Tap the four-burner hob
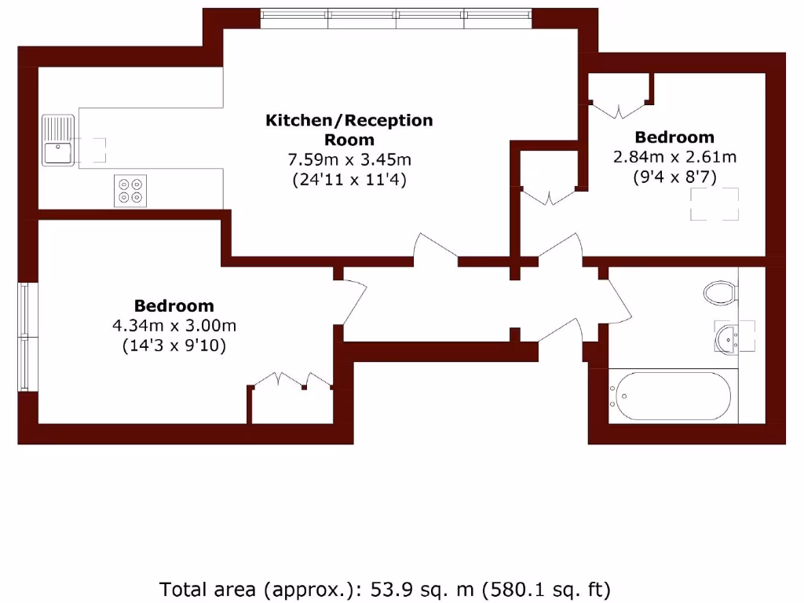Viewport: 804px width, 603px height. click(131, 190)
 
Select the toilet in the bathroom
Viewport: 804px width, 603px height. click(719, 294)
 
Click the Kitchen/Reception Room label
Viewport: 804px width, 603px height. click(349, 130)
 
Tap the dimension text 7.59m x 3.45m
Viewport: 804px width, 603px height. click(349, 160)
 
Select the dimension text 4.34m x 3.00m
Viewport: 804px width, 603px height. click(174, 325)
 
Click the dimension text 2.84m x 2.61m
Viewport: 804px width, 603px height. click(674, 156)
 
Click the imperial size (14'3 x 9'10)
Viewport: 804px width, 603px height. click(174, 345)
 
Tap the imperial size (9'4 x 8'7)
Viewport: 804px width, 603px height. click(674, 177)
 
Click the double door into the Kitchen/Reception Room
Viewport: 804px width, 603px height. click(437, 249)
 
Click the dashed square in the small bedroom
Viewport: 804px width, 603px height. click(714, 205)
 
